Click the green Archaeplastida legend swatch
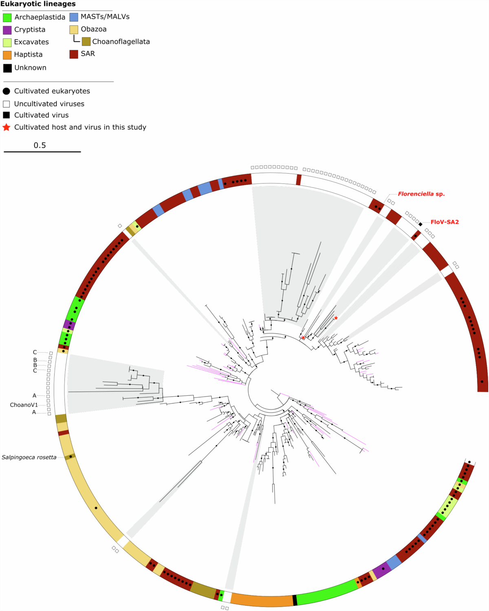pyautogui.click(x=7, y=18)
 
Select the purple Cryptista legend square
pyautogui.click(x=7, y=30)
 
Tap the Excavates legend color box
pyautogui.click(x=7, y=42)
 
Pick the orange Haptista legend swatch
pyautogui.click(x=7, y=55)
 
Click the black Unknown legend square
pyautogui.click(x=7, y=68)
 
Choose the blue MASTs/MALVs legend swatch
pyautogui.click(x=74, y=17)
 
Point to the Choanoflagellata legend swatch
pyautogui.click(x=86, y=42)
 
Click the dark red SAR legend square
pyautogui.click(x=74, y=54)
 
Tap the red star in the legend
pyautogui.click(x=7, y=128)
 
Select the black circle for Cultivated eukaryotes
pyautogui.click(x=7, y=91)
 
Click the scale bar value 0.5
pyautogui.click(x=40, y=146)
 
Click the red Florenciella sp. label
pyautogui.click(x=421, y=194)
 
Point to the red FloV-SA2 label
pyautogui.click(x=445, y=222)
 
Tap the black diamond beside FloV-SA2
pyautogui.click(x=420, y=224)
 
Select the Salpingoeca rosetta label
pyautogui.click(x=29, y=457)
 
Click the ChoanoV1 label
pyautogui.click(x=24, y=405)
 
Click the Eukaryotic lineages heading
pyautogui.click(x=38, y=4)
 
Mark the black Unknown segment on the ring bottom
pyautogui.click(x=295, y=600)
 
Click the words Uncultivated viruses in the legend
pyautogui.click(x=49, y=104)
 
